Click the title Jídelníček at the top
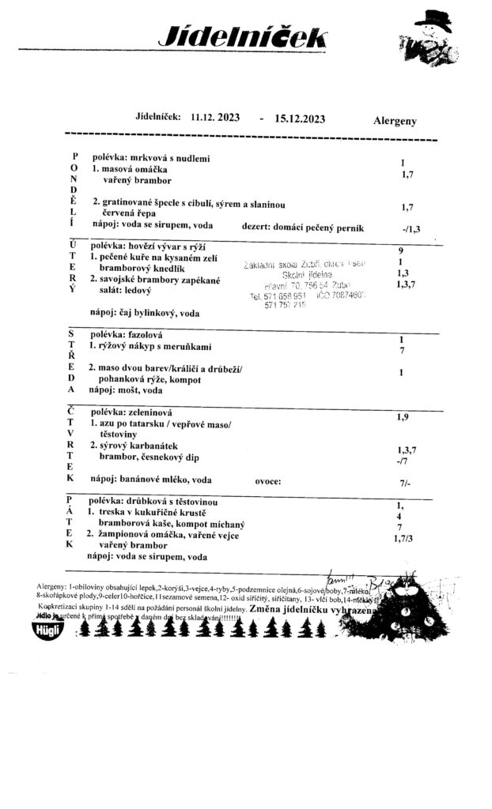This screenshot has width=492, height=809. (x=241, y=36)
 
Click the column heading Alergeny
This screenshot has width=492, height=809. (x=395, y=122)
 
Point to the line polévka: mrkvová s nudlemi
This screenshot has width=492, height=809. (x=151, y=159)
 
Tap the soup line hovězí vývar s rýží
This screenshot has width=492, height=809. (x=151, y=246)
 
